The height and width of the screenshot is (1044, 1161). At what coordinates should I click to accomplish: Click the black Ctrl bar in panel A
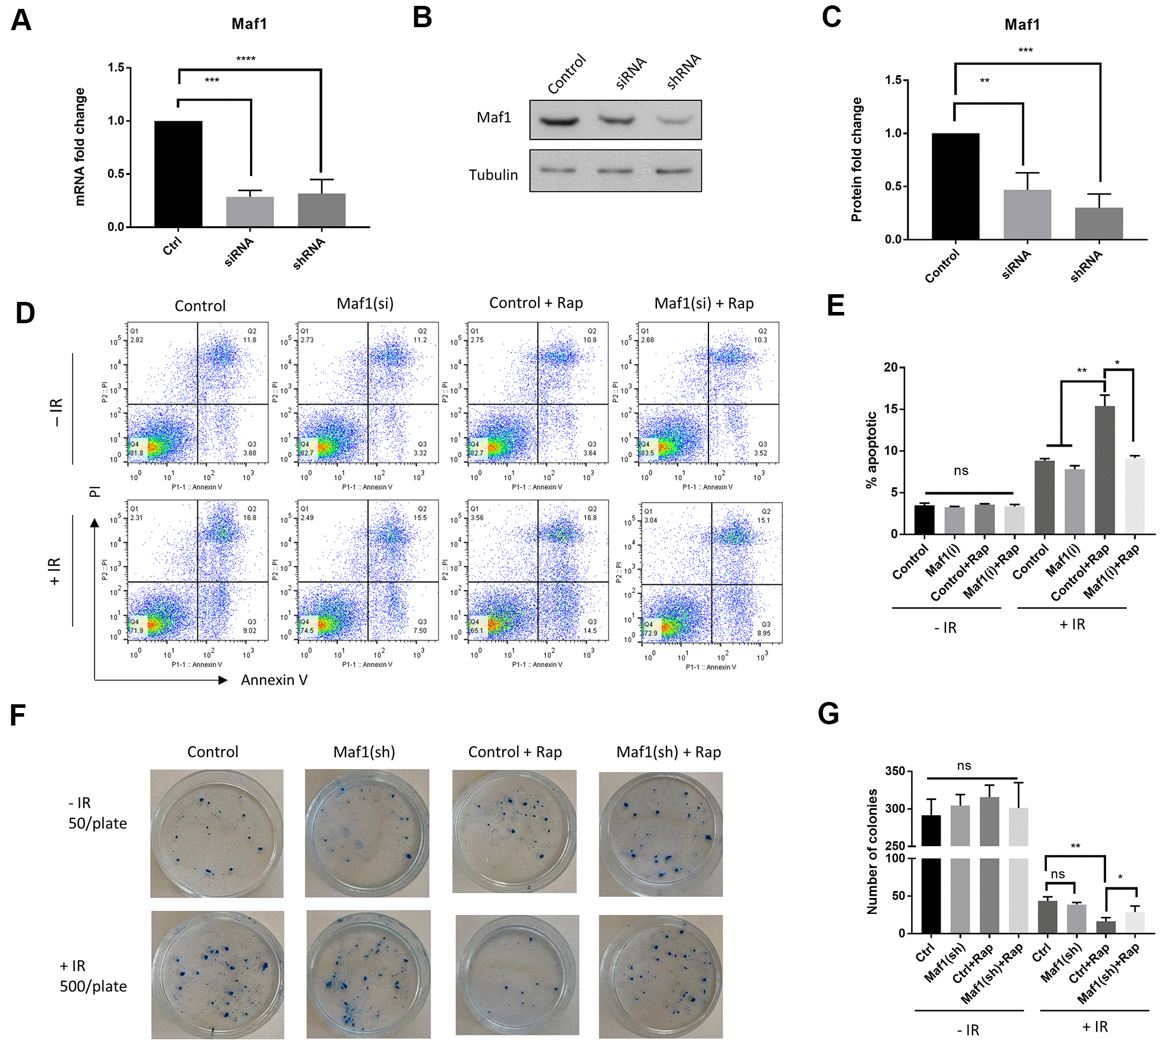[178, 174]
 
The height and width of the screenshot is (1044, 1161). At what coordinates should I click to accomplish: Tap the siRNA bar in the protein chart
[1027, 214]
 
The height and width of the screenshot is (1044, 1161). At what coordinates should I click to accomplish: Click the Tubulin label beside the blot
[493, 175]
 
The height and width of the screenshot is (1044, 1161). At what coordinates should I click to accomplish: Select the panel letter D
[25, 313]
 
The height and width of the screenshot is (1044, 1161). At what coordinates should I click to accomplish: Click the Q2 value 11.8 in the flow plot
[250, 340]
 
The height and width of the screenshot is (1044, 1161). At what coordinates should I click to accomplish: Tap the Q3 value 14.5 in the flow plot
[590, 630]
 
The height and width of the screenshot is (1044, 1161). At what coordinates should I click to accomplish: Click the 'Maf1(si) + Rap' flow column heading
[704, 303]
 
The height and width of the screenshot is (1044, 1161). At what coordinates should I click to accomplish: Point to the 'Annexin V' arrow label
[274, 680]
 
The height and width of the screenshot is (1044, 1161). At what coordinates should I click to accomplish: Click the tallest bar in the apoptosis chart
[1104, 470]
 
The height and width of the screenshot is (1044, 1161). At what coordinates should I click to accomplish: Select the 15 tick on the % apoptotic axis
[890, 409]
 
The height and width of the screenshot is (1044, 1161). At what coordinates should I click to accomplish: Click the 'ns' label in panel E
[961, 471]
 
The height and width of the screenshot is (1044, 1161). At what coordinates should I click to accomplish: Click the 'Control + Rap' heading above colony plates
[515, 752]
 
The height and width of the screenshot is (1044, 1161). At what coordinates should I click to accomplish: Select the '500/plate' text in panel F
[93, 986]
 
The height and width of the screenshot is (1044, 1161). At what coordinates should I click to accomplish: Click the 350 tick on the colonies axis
[895, 771]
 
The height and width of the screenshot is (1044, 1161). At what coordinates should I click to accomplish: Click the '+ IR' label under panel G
[1095, 1027]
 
